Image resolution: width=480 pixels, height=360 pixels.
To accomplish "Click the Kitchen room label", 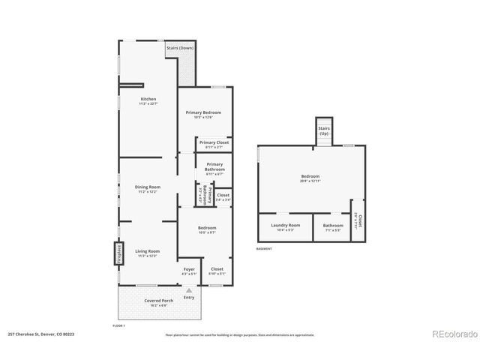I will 148,100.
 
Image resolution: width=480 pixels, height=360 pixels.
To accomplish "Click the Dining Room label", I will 148,188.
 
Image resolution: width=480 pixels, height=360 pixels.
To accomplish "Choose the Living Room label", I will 148,253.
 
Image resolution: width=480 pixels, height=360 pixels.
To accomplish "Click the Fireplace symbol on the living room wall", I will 118,253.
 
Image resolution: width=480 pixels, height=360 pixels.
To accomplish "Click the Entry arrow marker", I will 189,291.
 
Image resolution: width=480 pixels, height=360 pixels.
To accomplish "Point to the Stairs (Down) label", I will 179,48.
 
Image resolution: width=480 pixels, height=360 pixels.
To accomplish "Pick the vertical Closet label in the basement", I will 359,221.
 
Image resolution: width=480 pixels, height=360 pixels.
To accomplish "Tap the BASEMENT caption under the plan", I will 264,249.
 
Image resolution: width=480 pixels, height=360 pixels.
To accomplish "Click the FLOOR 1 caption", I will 118,325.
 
